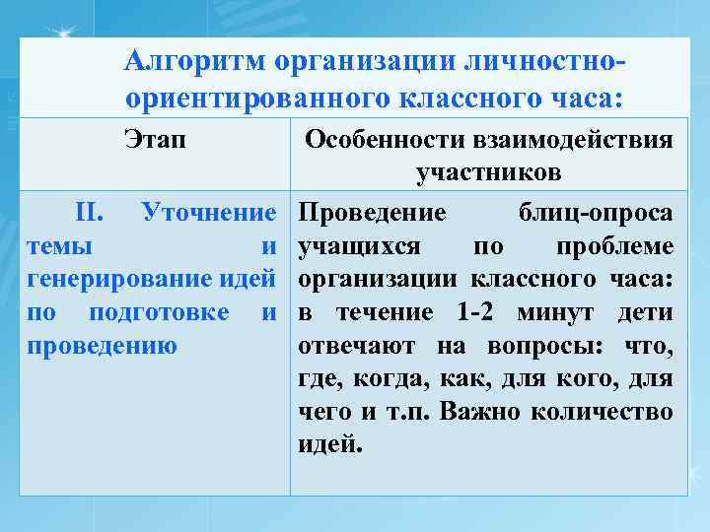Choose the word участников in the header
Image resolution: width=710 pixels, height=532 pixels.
click(x=489, y=173)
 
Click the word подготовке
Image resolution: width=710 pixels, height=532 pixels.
click(x=161, y=313)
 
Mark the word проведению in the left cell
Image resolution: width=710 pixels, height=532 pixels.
click(x=103, y=347)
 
